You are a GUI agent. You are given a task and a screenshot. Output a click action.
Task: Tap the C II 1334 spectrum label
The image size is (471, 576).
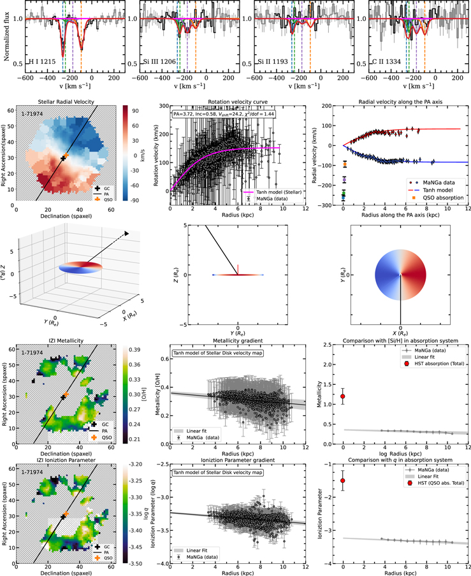coord(383,63)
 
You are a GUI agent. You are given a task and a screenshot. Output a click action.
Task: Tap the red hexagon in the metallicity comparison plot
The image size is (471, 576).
coord(343,396)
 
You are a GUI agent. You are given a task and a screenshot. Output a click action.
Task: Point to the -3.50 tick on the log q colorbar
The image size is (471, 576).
coord(134,563)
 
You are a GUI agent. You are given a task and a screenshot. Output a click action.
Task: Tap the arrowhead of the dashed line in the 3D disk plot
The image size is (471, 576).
coord(126,234)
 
